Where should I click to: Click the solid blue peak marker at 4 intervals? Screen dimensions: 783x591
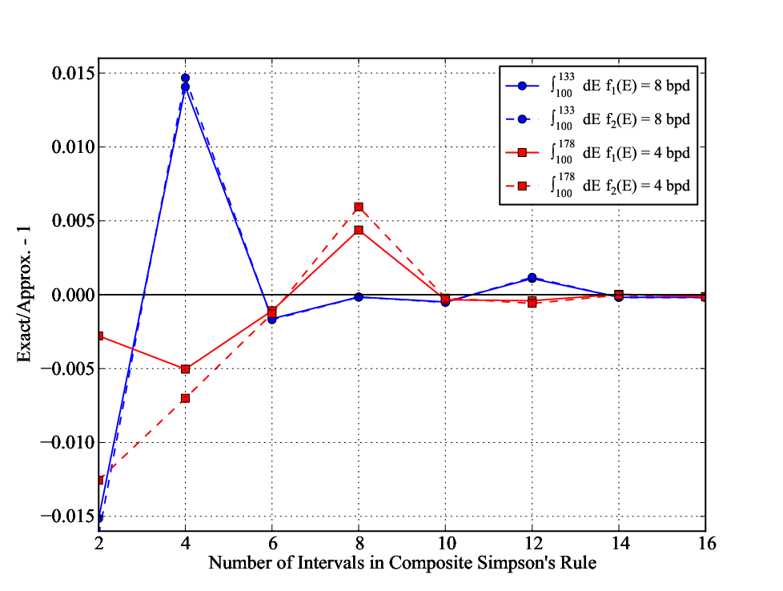click(x=185, y=87)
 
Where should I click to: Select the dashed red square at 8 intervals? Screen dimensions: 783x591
click(x=359, y=207)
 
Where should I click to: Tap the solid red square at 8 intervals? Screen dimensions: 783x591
click(x=359, y=231)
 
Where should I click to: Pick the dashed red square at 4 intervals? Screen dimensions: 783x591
click(x=185, y=398)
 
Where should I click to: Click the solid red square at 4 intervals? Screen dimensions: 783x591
click(x=185, y=369)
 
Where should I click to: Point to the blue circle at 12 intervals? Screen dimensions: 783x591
click(x=532, y=278)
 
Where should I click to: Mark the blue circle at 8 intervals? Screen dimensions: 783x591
click(x=359, y=297)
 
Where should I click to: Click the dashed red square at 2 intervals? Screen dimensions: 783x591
click(x=100, y=480)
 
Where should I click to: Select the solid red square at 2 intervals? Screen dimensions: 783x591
click(x=100, y=336)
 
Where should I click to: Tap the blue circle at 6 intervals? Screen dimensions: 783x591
click(x=271, y=319)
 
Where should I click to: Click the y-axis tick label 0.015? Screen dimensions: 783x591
click(x=73, y=74)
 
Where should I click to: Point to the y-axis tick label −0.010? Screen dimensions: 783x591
click(x=67, y=443)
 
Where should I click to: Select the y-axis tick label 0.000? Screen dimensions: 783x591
click(x=73, y=295)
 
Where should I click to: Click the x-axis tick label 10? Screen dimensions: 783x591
click(x=445, y=543)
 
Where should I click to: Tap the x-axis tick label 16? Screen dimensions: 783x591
click(x=707, y=543)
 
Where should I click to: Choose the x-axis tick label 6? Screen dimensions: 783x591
click(x=272, y=543)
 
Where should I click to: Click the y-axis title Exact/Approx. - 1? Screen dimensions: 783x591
click(x=24, y=294)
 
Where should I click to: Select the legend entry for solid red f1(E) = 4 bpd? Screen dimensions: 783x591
click(x=598, y=152)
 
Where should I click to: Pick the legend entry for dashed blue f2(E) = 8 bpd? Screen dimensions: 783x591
click(x=598, y=119)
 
